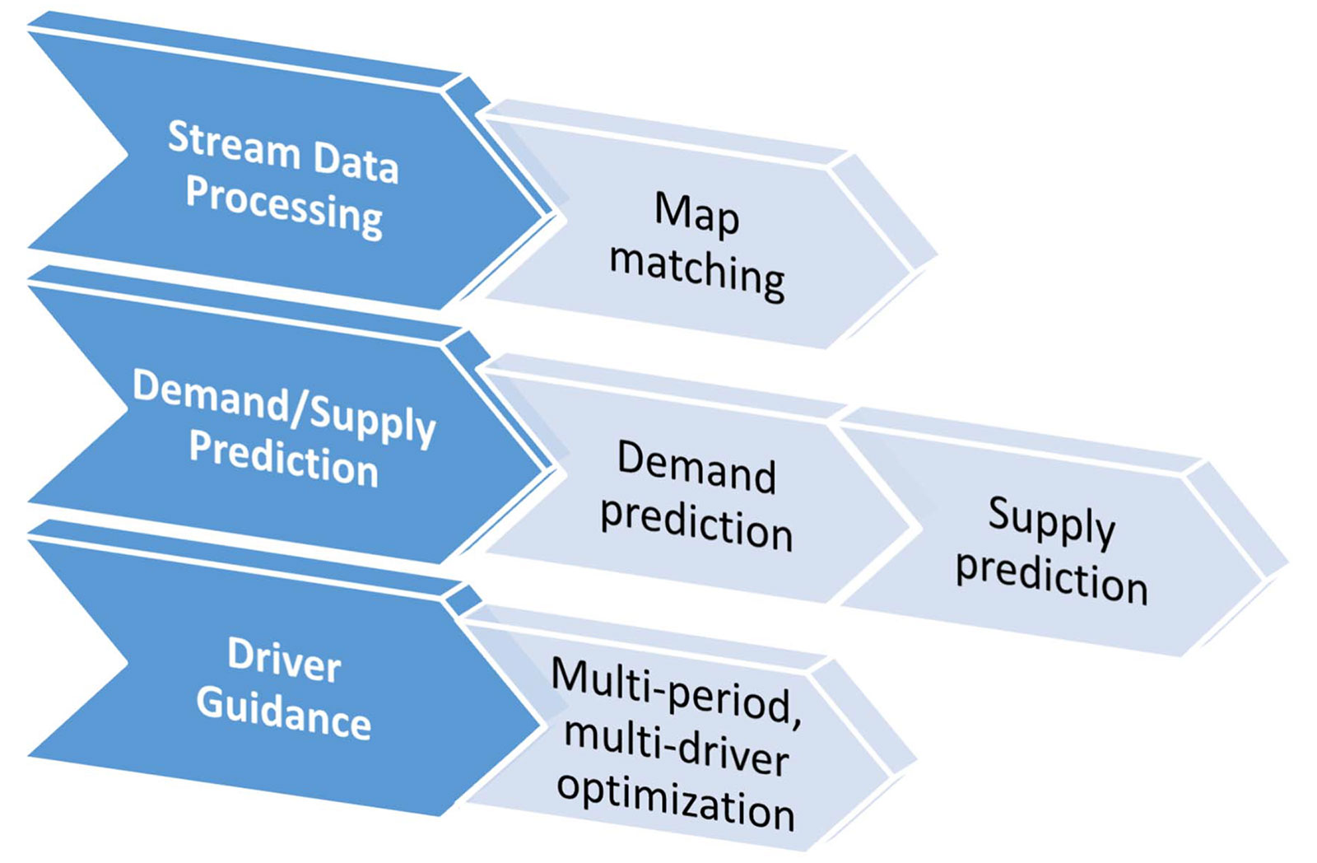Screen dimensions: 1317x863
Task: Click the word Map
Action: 696,215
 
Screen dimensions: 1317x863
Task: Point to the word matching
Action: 697,271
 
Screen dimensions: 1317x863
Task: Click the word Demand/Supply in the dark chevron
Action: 284,408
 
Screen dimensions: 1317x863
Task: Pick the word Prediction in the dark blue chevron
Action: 283,460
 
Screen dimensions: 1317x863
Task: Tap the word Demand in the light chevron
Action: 696,467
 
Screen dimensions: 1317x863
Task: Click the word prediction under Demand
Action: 696,525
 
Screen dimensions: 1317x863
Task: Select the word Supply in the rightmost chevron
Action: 1052,522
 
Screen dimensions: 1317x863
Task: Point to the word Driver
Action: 285,660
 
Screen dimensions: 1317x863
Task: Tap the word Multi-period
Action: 677,693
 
